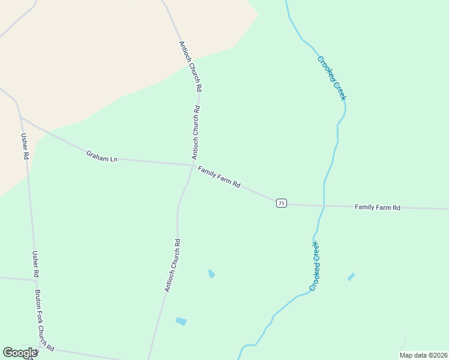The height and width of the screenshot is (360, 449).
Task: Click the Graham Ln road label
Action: click(x=101, y=157)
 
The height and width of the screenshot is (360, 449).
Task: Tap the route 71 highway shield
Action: click(x=281, y=203)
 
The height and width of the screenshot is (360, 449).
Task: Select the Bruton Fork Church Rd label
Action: click(x=44, y=321)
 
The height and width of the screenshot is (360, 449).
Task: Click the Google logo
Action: click(x=20, y=353)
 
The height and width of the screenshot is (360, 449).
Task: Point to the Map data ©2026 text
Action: click(x=423, y=355)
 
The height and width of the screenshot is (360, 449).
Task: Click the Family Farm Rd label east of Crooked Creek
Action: click(x=377, y=208)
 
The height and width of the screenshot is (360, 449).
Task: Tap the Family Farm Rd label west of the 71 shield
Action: click(x=219, y=178)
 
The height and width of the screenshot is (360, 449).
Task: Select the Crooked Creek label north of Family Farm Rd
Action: click(x=332, y=78)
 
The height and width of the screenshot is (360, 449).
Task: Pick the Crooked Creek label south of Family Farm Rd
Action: click(x=315, y=266)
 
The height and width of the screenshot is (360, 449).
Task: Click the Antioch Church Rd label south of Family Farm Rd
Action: click(x=173, y=265)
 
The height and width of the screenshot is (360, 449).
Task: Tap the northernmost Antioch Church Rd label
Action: click(x=190, y=66)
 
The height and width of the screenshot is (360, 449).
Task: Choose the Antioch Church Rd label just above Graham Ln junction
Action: click(x=196, y=132)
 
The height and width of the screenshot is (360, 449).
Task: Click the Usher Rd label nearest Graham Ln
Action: click(x=25, y=146)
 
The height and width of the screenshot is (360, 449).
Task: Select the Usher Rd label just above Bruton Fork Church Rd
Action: click(x=35, y=264)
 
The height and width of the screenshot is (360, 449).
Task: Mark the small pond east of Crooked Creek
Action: click(x=351, y=277)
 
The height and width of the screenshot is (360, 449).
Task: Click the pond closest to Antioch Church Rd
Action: click(x=181, y=322)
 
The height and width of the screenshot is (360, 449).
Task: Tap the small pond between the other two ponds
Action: click(x=211, y=274)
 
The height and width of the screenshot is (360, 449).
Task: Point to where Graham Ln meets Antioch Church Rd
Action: click(x=191, y=164)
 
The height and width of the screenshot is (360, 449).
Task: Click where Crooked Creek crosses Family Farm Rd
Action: click(x=324, y=206)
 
